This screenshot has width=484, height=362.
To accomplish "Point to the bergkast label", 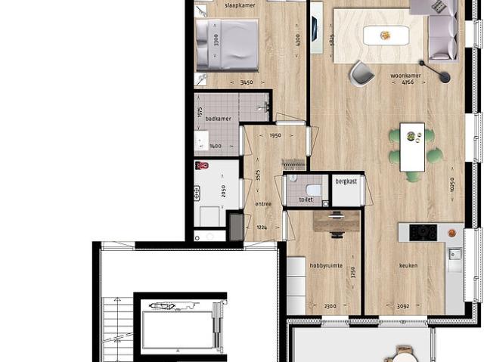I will click(348, 182).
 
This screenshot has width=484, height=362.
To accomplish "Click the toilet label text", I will click(306, 200).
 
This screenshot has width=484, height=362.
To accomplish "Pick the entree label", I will click(263, 203).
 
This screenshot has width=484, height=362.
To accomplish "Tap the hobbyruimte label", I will click(326, 265).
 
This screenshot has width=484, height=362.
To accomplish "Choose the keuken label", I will click(409, 265).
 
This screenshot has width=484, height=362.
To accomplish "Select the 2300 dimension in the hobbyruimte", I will click(326, 305).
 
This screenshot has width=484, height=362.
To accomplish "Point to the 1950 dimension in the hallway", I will click(276, 135).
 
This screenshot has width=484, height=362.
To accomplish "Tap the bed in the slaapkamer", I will click(226, 45).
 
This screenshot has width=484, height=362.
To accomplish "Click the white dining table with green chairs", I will click(412, 147).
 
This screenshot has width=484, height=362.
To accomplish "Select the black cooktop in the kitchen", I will click(423, 232).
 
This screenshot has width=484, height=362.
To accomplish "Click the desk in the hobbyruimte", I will click(337, 220).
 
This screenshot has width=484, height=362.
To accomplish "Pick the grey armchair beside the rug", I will click(361, 73).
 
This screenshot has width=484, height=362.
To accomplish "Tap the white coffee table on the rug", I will click(386, 36).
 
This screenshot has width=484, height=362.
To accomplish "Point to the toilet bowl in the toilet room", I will click(313, 189).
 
